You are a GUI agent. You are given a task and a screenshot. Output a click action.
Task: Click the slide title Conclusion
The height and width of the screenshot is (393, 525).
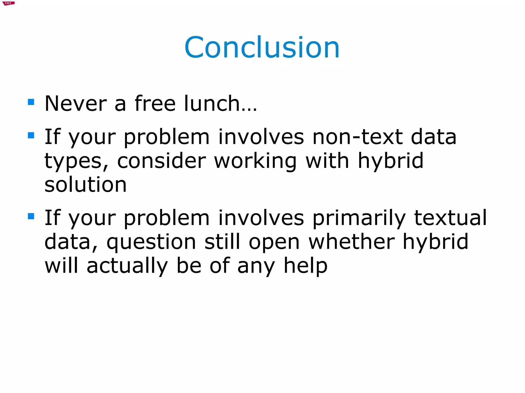pos(262,48)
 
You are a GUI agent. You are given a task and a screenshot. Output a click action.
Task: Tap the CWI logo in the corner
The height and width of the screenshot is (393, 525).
pos(8,3)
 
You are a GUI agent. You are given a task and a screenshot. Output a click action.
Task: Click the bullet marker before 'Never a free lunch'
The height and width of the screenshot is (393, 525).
pos(31,102)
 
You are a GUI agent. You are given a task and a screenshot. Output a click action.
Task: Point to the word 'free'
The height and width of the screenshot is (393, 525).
pos(155,103)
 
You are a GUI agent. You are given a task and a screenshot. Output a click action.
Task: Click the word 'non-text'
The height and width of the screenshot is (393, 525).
pos(358,137)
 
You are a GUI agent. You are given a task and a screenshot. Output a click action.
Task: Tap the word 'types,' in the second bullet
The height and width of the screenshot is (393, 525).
pos(76,161)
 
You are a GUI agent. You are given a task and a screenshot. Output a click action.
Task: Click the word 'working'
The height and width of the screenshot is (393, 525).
pos(255,161)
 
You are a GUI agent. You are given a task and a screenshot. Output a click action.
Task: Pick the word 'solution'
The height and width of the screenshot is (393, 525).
pos(86,185)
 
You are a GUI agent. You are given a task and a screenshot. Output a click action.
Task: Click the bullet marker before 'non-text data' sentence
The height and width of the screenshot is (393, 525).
pos(31,135)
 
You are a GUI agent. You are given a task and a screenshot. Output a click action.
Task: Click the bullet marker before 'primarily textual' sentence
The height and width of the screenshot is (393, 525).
pos(31,216)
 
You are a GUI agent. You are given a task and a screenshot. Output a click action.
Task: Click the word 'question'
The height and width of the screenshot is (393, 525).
pos(151,242)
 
